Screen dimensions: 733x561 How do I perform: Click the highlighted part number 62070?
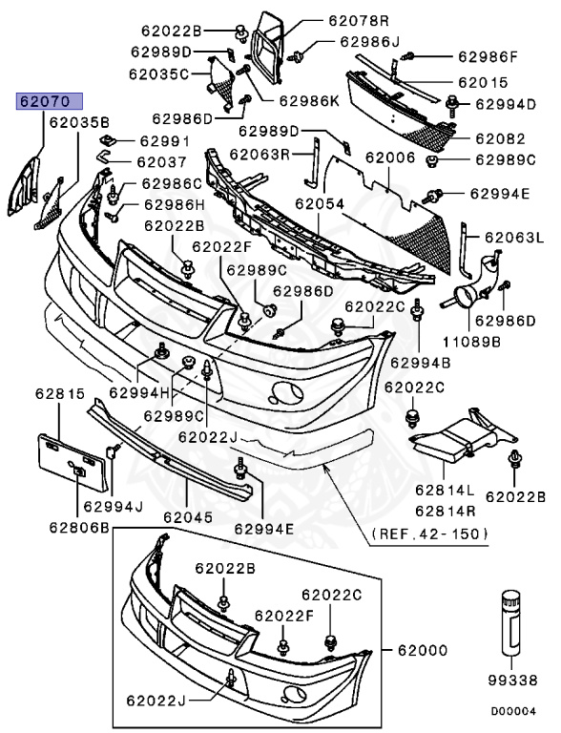point(48,100)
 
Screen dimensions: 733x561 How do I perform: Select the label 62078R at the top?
point(359,20)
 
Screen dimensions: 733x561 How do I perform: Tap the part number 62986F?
point(487,57)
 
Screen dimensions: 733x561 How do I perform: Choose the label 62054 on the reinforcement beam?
point(319,203)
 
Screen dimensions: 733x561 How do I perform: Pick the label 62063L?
point(513,237)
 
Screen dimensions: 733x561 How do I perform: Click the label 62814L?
point(444,490)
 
